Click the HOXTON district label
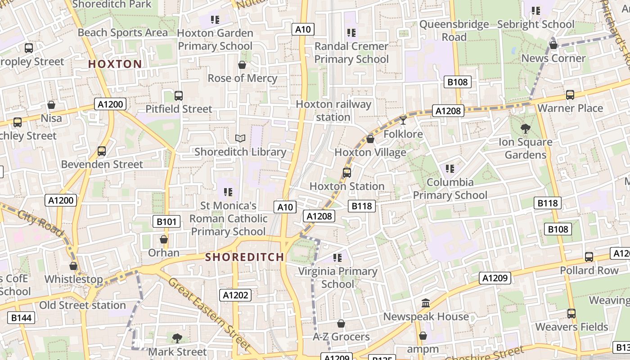click(115, 64)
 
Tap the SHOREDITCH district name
click(244, 257)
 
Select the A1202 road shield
click(235, 295)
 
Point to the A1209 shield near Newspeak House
click(495, 278)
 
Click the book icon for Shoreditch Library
click(240, 139)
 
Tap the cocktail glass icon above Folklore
click(403, 120)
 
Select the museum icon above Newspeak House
click(426, 303)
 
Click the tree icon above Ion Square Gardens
click(525, 129)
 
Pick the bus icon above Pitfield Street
click(179, 95)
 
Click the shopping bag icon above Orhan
click(164, 239)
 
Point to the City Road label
click(41, 222)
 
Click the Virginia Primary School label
click(338, 278)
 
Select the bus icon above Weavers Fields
click(571, 314)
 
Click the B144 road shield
click(21, 318)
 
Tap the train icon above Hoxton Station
click(346, 172)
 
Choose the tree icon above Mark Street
click(177, 338)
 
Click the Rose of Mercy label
click(242, 78)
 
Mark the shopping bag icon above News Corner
click(553, 45)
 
